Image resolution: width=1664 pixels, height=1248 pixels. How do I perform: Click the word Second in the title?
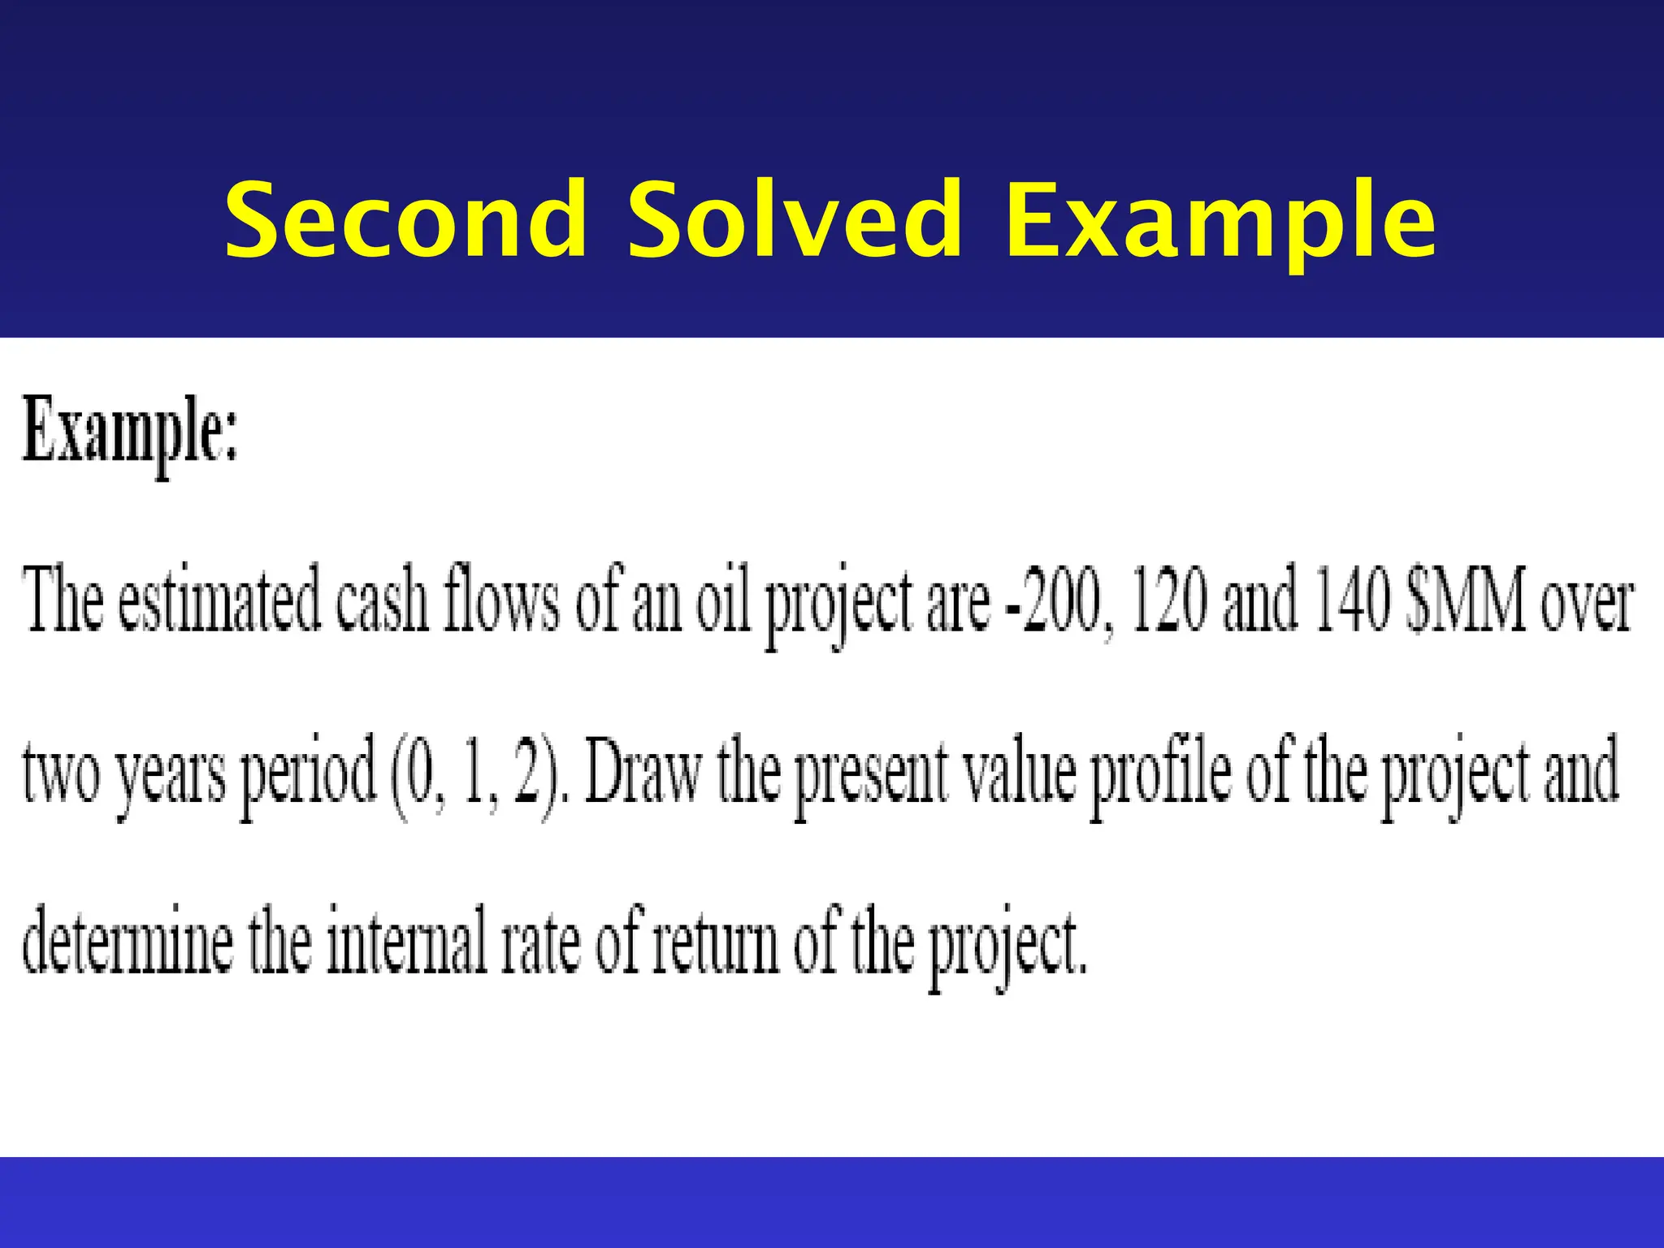(405, 219)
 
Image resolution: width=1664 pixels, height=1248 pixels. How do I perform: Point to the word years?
(170, 776)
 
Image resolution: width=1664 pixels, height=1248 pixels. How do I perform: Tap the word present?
(869, 776)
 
